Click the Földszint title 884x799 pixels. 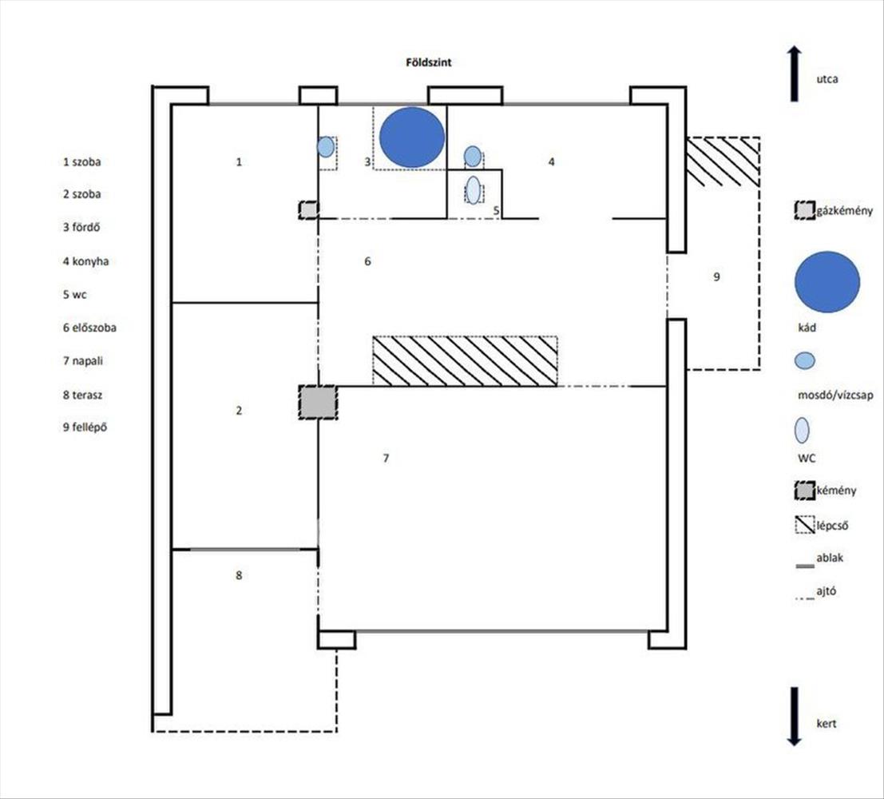tap(429, 62)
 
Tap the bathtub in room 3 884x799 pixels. tap(412, 137)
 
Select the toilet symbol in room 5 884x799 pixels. tap(474, 190)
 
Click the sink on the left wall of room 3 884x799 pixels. tap(326, 147)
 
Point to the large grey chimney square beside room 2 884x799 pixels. tap(318, 402)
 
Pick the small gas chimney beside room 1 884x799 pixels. tap(308, 210)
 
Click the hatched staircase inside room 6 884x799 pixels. tap(465, 361)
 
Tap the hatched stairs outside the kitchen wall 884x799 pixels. tap(723, 162)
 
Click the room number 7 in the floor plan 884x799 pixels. tap(387, 458)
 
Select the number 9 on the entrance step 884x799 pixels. tap(716, 277)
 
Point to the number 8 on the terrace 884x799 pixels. tap(239, 575)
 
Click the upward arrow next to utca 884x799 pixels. tap(795, 74)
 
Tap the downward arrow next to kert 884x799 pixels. tap(795, 717)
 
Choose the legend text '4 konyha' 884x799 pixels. tap(85, 261)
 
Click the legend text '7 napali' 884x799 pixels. tap(83, 361)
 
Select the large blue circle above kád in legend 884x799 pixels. tap(827, 282)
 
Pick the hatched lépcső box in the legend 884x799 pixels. tap(804, 525)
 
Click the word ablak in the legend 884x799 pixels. tap(830, 558)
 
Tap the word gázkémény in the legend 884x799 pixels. tap(845, 211)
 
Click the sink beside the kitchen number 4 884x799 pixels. tap(473, 157)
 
